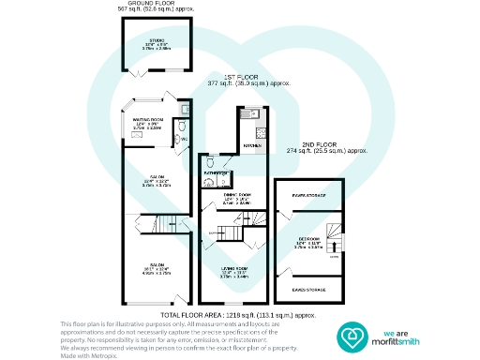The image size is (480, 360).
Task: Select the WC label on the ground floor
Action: pyautogui.click(x=184, y=140)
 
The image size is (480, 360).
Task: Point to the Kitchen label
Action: pyautogui.click(x=251, y=146)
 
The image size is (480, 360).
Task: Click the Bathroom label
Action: pyautogui.click(x=217, y=174)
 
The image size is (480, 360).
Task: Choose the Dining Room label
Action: pyautogui.click(x=233, y=196)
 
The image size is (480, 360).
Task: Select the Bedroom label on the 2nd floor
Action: pyautogui.click(x=307, y=239)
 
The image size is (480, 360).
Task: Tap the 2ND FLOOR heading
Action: pyautogui.click(x=310, y=143)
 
